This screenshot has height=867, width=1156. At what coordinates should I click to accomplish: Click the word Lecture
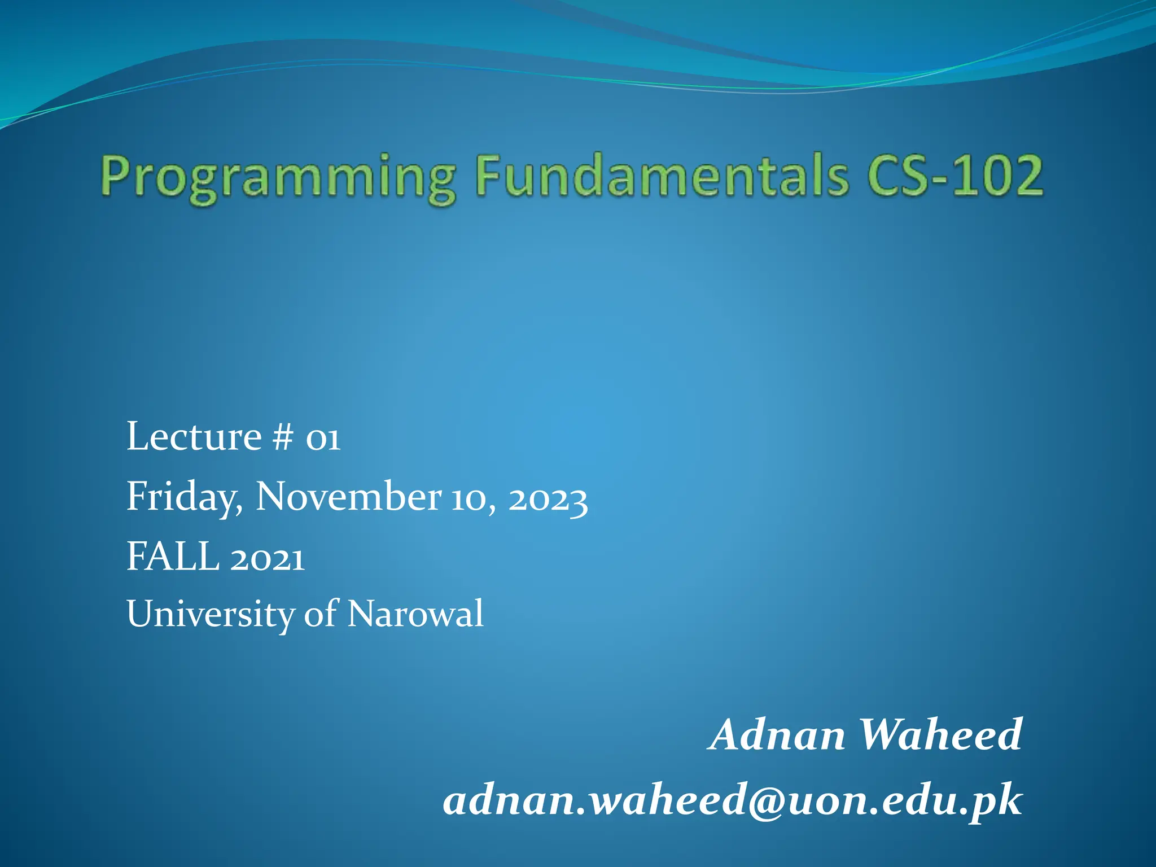pyautogui.click(x=194, y=437)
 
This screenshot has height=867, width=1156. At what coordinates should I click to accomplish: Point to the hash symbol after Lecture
pyautogui.click(x=282, y=438)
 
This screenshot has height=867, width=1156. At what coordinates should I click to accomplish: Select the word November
pyautogui.click(x=348, y=497)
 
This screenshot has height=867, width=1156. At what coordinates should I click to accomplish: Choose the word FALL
pyautogui.click(x=173, y=557)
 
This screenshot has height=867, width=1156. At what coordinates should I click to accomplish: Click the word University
pyautogui.click(x=210, y=614)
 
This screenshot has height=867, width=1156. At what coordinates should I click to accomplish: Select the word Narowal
pyautogui.click(x=415, y=614)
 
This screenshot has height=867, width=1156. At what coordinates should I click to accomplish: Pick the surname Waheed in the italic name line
pyautogui.click(x=940, y=735)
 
